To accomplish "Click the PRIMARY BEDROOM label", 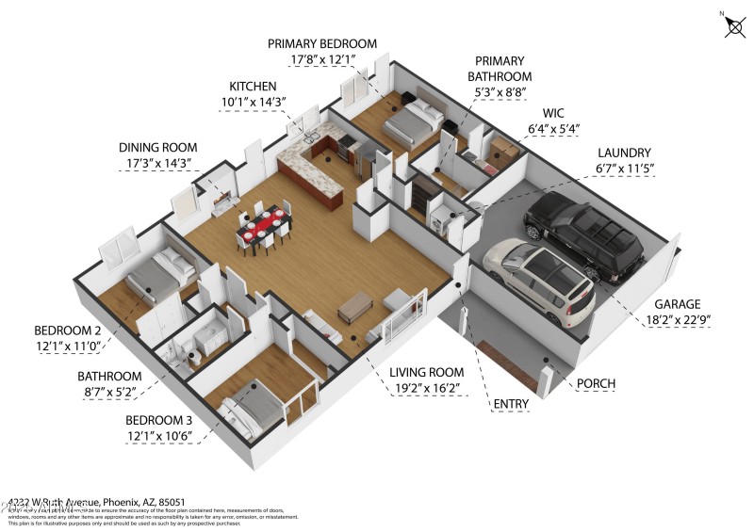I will [x=321, y=43].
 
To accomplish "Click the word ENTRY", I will [x=511, y=405].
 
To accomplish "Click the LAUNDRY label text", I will [x=623, y=153].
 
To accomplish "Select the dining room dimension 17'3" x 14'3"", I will [x=157, y=163].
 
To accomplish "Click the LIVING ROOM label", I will [x=426, y=373].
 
